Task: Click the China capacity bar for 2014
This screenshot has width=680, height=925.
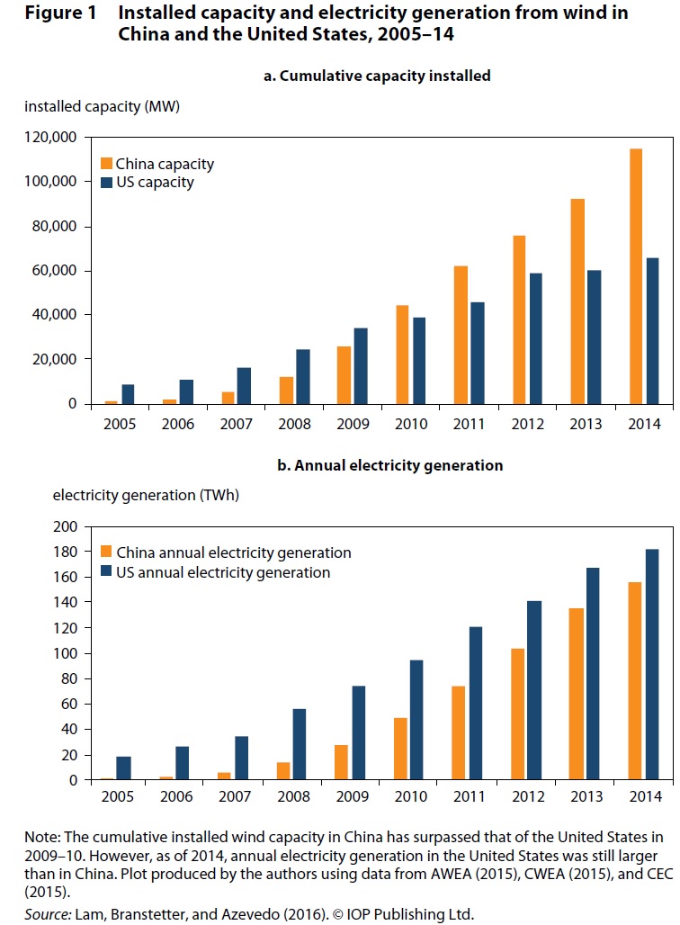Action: tap(636, 276)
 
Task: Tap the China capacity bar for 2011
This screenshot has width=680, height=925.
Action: tap(461, 335)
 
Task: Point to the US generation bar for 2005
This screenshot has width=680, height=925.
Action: tap(124, 768)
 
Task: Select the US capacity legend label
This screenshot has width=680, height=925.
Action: tap(154, 183)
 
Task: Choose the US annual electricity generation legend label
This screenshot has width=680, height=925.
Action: tap(222, 572)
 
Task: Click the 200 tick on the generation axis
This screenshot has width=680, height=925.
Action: tap(68, 525)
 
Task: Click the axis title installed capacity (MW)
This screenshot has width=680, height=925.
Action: tap(103, 107)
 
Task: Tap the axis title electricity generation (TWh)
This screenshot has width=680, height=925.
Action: tap(147, 494)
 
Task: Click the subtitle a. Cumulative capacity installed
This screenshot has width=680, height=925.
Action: tap(377, 76)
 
